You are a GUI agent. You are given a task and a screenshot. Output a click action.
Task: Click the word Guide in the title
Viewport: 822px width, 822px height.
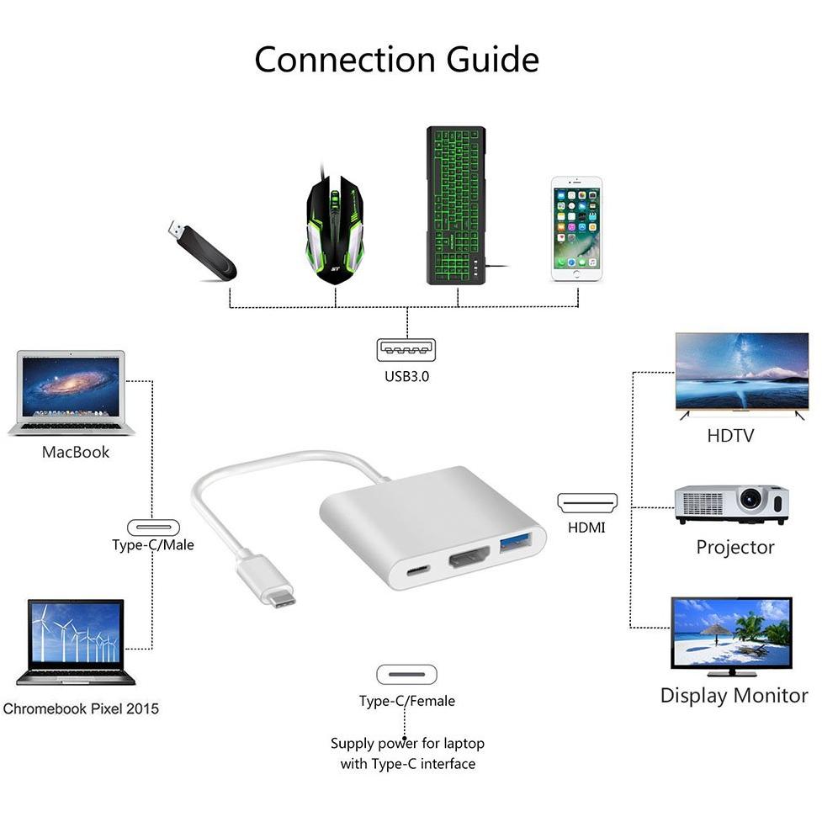493,59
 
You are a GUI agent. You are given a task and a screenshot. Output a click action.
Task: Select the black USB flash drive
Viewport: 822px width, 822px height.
203,250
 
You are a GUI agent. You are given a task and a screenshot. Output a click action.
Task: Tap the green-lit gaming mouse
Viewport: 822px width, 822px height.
335,229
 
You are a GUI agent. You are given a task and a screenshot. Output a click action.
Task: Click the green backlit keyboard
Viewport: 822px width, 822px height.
455,205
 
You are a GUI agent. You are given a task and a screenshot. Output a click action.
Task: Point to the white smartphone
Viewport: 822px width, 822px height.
576,229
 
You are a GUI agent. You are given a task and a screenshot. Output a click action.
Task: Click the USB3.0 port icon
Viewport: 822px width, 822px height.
406,350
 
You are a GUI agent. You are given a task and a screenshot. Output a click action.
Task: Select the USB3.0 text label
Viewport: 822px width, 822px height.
407,376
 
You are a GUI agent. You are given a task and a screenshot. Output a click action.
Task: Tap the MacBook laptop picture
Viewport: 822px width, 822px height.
72,393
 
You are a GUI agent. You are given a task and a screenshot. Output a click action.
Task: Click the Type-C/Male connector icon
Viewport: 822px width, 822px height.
154,527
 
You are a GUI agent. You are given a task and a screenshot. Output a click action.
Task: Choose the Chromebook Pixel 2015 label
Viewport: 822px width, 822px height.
81,708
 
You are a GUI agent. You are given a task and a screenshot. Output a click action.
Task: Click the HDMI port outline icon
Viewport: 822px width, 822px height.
587,503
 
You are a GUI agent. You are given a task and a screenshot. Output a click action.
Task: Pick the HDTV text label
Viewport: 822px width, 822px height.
730,436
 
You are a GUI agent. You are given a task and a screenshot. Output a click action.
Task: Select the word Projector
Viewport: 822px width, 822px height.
735,548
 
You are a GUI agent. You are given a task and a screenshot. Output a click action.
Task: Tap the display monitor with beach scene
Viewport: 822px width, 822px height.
731,636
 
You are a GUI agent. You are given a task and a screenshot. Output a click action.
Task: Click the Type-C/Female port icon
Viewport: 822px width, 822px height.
407,675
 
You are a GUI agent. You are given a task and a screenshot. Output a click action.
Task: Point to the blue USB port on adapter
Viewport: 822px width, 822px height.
515,543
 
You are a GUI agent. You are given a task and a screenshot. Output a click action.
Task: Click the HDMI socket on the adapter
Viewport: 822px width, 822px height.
469,557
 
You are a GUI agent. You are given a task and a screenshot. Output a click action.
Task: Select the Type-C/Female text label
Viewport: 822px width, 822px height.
407,701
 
